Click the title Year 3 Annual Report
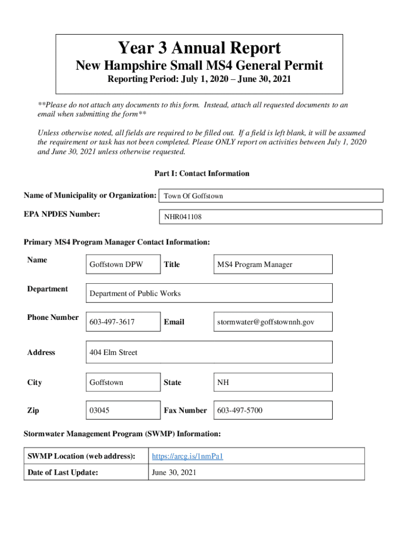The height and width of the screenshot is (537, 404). coord(199,49)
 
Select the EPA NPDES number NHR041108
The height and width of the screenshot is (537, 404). coord(183,217)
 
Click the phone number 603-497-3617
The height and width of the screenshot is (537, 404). coord(112,322)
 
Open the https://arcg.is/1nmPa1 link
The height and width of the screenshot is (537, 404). coord(187,456)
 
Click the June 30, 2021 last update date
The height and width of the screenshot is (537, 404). coord(174,472)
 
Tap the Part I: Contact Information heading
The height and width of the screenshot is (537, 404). coord(201,174)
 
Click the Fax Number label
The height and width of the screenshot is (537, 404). coord(185,411)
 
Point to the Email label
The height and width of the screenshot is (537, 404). coord(174,322)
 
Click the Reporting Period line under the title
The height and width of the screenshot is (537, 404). coord(199,80)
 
